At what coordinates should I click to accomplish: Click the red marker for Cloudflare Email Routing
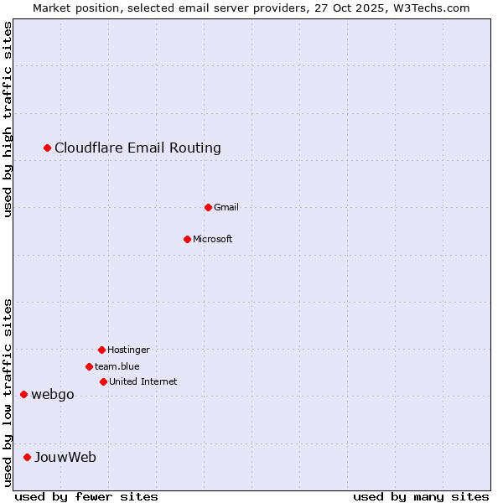click(x=48, y=148)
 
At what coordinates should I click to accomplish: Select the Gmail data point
click(x=209, y=207)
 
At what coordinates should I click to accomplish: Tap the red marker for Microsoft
click(x=188, y=239)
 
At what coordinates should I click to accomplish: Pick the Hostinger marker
click(x=101, y=350)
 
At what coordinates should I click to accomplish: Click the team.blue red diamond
click(x=89, y=366)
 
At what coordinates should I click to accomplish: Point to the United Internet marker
click(x=103, y=381)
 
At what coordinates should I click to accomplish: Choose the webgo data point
click(x=24, y=395)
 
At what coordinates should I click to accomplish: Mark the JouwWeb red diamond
click(x=28, y=458)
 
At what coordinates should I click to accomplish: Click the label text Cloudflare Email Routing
click(x=137, y=148)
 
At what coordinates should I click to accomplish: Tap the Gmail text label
click(x=226, y=208)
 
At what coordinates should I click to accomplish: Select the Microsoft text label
click(x=213, y=240)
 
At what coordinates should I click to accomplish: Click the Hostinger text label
click(x=128, y=350)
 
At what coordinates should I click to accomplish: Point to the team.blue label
click(x=117, y=367)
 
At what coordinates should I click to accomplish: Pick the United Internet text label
click(x=143, y=382)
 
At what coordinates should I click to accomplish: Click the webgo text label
click(x=53, y=395)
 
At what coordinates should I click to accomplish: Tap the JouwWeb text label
click(x=65, y=458)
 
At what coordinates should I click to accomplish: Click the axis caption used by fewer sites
click(x=86, y=496)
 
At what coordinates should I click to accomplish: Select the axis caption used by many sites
click(x=421, y=496)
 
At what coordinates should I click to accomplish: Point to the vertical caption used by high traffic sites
click(x=8, y=119)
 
